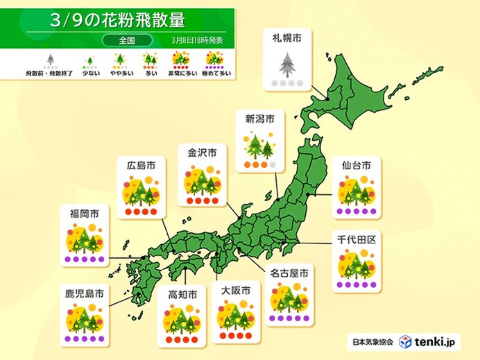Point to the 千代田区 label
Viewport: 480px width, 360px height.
click(x=356, y=239)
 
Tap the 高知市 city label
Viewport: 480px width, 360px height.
click(x=181, y=295)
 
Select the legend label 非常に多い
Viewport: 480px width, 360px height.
click(x=181, y=73)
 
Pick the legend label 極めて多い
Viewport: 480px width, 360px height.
click(x=216, y=73)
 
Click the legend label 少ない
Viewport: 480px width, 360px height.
click(x=89, y=73)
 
